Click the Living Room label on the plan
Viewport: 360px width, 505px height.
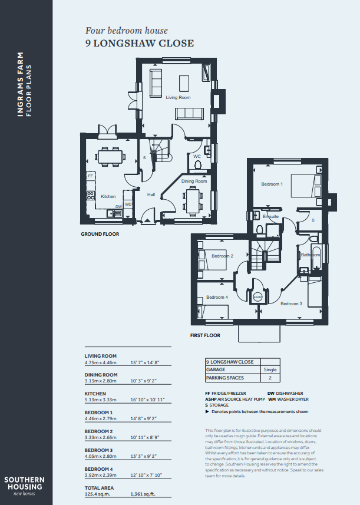(x=178, y=97)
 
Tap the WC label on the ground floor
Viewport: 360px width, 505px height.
(x=197, y=156)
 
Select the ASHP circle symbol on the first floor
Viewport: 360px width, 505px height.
(x=257, y=296)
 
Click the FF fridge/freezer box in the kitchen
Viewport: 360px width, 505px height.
(x=91, y=176)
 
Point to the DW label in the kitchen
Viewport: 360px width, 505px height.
(x=119, y=207)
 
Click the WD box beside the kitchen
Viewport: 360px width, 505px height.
(x=128, y=204)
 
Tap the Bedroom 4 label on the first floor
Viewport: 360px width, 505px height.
(x=217, y=297)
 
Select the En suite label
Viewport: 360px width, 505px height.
(x=270, y=216)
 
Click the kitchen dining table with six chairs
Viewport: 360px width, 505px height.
(x=110, y=157)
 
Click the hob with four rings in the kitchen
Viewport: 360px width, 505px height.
(x=91, y=196)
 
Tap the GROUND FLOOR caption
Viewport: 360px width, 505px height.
(x=100, y=234)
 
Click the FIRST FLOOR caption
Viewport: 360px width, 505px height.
(x=205, y=335)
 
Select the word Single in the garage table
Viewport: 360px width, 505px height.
(x=270, y=369)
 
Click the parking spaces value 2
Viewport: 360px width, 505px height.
(x=270, y=378)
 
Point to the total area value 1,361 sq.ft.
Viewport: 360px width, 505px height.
(x=143, y=494)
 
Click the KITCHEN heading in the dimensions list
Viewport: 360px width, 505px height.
(x=95, y=394)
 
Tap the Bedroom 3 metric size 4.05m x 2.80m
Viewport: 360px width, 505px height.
(x=101, y=456)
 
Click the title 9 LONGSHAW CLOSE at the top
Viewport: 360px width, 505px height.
(x=140, y=43)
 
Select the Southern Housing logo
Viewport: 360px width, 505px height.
(x=25, y=486)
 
